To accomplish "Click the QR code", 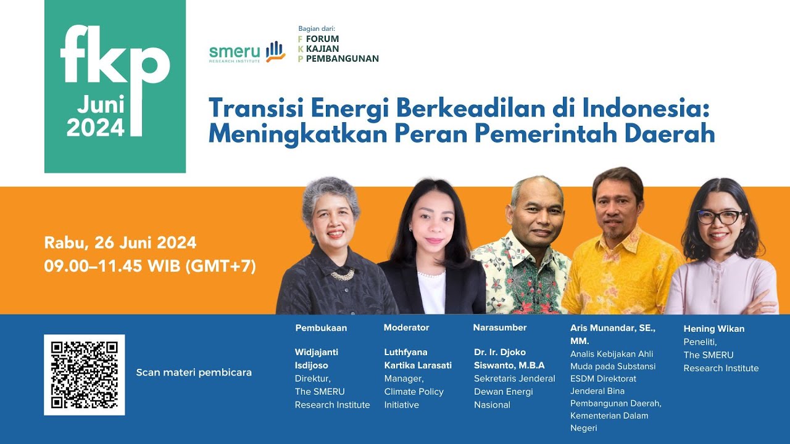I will (84, 375).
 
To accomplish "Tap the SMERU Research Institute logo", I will (247, 53).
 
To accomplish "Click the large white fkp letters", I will (115, 57).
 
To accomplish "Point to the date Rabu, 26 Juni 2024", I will (120, 242).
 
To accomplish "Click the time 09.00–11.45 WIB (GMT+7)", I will (150, 266).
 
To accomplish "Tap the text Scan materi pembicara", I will (194, 372).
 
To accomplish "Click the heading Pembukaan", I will (321, 328).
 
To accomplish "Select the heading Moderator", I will (406, 327).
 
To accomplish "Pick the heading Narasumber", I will (500, 327).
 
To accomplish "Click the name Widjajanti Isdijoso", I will (317, 358).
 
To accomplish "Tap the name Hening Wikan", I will (714, 329).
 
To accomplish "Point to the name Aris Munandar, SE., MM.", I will (612, 334).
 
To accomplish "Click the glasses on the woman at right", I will (720, 217).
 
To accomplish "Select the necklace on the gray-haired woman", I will (343, 274).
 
